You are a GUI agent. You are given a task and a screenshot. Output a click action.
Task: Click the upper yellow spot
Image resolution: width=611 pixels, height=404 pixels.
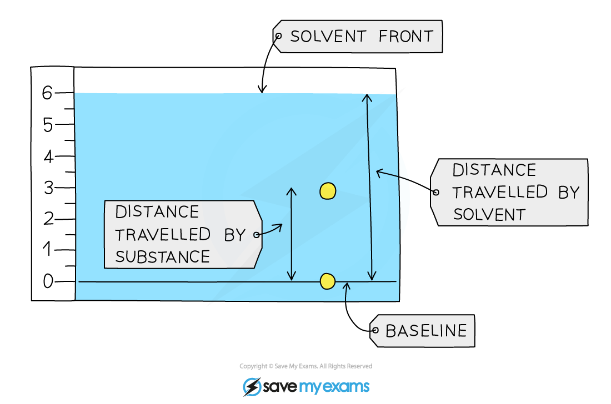[x=328, y=191]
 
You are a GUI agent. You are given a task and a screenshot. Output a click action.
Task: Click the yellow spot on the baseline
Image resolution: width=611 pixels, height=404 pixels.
[x=328, y=281]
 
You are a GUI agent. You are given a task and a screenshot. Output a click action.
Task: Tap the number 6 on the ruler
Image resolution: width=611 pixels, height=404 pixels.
[x=47, y=93]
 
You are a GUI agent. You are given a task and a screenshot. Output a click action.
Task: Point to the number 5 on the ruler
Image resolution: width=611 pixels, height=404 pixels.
[x=48, y=125]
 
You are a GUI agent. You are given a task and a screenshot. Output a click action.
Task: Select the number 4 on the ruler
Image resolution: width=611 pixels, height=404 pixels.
[x=48, y=157]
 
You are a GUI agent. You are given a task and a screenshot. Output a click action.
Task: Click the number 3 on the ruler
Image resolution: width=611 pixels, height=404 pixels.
[x=48, y=188]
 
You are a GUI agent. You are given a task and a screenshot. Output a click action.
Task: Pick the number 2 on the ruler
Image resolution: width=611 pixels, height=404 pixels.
[x=48, y=219]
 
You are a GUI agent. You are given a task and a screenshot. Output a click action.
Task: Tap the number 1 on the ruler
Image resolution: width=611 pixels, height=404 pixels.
[x=48, y=250]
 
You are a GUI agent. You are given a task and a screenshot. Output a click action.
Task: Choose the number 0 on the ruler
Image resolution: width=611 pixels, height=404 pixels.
[x=48, y=282]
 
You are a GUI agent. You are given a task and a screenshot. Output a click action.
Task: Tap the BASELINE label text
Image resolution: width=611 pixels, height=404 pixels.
[x=426, y=331]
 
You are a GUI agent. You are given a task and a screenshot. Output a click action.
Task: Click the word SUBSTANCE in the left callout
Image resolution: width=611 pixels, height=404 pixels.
[x=162, y=256]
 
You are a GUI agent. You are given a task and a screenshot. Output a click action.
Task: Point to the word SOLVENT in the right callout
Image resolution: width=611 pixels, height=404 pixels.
[x=489, y=214]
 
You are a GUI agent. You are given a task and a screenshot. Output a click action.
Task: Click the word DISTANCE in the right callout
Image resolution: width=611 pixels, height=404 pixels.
[x=494, y=170]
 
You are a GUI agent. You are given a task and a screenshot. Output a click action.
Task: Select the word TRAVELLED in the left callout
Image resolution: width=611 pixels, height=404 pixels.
[x=163, y=234]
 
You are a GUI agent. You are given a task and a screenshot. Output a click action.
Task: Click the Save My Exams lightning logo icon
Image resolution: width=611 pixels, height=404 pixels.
[x=252, y=387]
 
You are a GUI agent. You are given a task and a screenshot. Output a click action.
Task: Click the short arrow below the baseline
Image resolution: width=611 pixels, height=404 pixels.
[x=346, y=292]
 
